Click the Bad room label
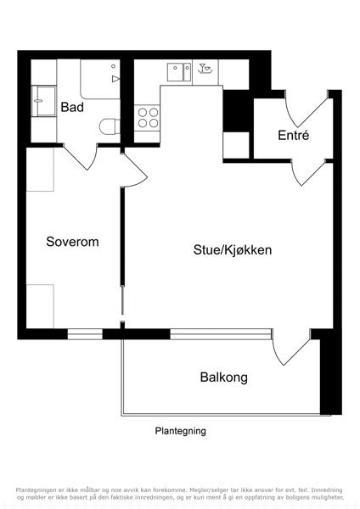72,107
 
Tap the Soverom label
72,242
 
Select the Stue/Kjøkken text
233,250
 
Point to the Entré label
294,135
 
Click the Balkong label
224,378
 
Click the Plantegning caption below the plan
180,431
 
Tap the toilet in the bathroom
110,126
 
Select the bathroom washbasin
44,101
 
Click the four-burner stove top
148,118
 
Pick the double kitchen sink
179,72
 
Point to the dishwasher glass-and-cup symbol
205,69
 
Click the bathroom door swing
81,156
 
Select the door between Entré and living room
308,173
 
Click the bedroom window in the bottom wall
85,334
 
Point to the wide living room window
221,334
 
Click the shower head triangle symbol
115,79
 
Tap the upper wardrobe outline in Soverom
40,170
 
